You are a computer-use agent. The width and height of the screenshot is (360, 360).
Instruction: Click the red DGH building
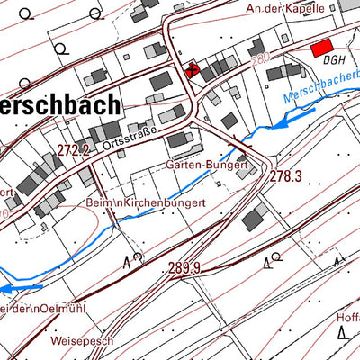(x=320, y=51)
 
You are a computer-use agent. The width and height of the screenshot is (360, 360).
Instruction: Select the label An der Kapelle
(x=286, y=7)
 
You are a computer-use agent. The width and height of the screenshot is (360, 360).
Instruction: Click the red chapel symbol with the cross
(x=191, y=69)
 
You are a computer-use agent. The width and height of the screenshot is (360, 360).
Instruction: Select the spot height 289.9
(x=184, y=268)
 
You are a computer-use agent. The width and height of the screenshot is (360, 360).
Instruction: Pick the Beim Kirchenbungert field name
(x=146, y=203)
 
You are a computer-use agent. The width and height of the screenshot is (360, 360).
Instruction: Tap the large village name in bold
(x=58, y=104)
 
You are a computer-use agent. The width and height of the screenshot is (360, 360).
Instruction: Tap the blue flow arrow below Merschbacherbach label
(x=274, y=123)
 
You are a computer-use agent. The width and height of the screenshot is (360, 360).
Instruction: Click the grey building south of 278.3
(x=256, y=216)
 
